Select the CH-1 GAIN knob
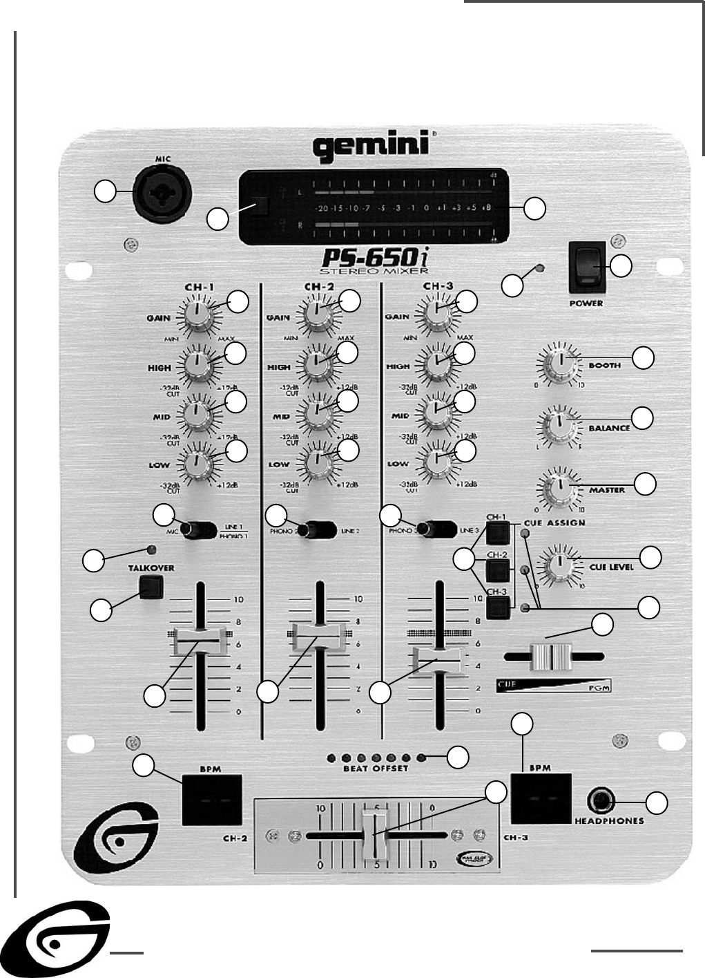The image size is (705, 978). (197, 315)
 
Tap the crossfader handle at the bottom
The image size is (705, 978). (375, 834)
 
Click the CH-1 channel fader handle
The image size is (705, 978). (200, 641)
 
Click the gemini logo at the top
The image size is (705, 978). (371, 147)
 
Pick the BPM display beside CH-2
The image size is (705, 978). (212, 800)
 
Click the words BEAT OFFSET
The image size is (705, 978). (376, 769)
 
